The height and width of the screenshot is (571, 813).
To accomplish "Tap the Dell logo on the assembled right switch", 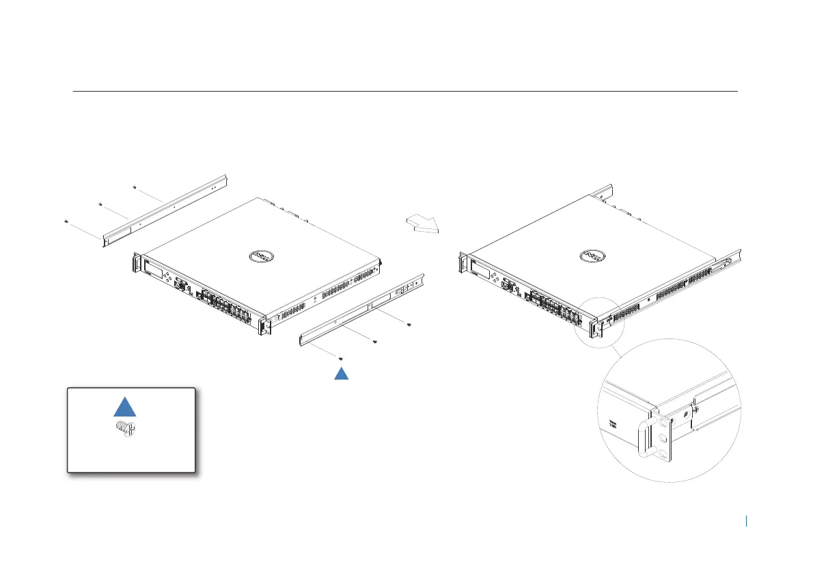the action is [x=592, y=256].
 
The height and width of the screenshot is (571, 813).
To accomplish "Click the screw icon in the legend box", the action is [x=124, y=429].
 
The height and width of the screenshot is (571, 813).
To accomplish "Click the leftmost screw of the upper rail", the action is [x=66, y=222].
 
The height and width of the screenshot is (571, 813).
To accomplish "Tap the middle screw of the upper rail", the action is [x=100, y=204].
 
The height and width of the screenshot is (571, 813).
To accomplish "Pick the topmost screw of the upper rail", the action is [x=134, y=186].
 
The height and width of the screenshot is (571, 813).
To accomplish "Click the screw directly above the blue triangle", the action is [x=341, y=358].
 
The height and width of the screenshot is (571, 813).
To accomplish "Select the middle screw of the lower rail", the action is [x=376, y=342].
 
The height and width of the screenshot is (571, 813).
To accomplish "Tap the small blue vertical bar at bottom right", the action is [x=747, y=521].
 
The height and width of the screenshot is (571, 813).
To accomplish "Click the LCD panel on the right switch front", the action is [x=485, y=270].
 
